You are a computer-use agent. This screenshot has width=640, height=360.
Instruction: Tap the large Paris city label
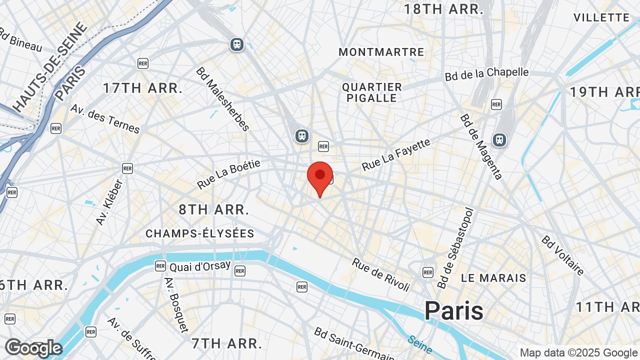point(454,311)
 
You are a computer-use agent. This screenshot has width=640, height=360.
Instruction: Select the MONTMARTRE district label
point(381,52)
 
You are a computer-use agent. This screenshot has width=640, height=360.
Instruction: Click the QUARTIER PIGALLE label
point(372,92)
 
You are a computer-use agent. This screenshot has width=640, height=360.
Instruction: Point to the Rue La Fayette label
point(396,154)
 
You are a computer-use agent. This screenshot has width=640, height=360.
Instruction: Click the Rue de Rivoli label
point(381,274)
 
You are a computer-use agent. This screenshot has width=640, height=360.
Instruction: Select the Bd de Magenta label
point(481,146)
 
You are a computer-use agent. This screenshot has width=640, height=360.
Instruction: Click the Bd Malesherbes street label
point(223,99)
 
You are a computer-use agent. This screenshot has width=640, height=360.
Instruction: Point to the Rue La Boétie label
point(229,174)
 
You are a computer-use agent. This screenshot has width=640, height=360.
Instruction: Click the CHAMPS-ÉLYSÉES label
point(200,233)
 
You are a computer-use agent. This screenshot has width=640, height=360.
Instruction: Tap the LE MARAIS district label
point(493,278)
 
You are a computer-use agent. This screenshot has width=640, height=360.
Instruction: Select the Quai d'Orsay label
point(200,266)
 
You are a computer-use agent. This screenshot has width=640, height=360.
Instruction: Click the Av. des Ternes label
point(105,118)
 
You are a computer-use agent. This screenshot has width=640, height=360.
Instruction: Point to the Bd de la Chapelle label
point(486,73)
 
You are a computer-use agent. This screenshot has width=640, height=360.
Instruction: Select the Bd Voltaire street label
point(562,255)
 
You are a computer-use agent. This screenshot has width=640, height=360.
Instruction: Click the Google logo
point(33,348)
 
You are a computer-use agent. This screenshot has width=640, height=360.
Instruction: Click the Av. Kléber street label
point(109,201)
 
